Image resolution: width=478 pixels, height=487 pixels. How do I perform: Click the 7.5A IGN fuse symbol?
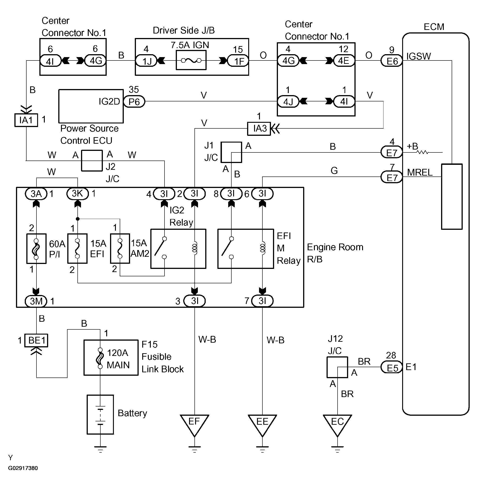point(191,60)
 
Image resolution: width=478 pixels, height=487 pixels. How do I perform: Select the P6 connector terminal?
point(134,102)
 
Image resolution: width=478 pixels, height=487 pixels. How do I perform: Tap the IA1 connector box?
point(26,120)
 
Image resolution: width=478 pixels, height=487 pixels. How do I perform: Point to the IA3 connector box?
point(259,129)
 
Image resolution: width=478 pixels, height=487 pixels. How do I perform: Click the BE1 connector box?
point(36,340)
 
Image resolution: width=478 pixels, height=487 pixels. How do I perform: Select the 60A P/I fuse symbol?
point(36,249)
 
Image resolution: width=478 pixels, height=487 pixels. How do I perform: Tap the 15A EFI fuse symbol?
point(77,248)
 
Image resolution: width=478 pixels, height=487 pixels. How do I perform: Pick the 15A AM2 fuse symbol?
point(120,248)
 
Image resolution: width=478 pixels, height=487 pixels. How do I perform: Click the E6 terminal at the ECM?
point(392,61)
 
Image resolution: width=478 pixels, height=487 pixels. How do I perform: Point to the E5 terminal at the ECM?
point(392,368)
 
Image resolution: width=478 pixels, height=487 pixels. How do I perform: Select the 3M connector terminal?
point(36,301)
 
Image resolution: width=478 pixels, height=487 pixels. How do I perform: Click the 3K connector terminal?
point(78,193)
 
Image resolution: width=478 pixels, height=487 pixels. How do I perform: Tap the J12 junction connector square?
point(337,367)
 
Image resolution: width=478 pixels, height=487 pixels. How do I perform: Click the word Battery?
point(132,413)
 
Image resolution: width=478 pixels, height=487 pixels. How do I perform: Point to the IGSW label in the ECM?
point(419,56)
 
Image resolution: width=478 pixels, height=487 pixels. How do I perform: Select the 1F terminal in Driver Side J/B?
point(238,61)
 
